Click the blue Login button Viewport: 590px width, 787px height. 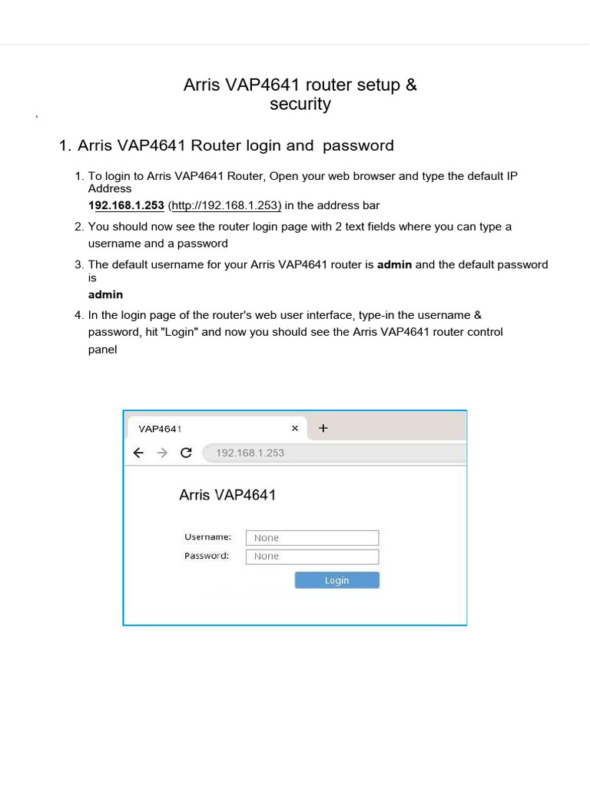click(336, 580)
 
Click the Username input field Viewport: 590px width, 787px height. click(312, 538)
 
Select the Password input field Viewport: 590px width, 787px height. click(312, 556)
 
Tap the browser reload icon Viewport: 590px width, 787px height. click(185, 453)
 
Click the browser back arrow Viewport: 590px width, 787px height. click(138, 453)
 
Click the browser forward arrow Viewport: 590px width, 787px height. click(162, 453)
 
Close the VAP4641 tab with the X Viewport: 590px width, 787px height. click(294, 429)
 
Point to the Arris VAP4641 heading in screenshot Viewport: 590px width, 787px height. click(227, 495)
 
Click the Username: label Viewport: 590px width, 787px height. click(207, 536)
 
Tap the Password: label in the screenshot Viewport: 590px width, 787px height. click(207, 556)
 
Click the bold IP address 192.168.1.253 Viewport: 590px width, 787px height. click(126, 205)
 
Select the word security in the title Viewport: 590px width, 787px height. click(300, 105)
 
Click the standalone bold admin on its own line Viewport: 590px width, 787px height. click(105, 294)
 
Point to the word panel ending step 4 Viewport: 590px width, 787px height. click(102, 349)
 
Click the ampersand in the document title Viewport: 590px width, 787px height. click(411, 85)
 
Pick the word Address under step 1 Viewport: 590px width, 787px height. click(109, 188)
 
